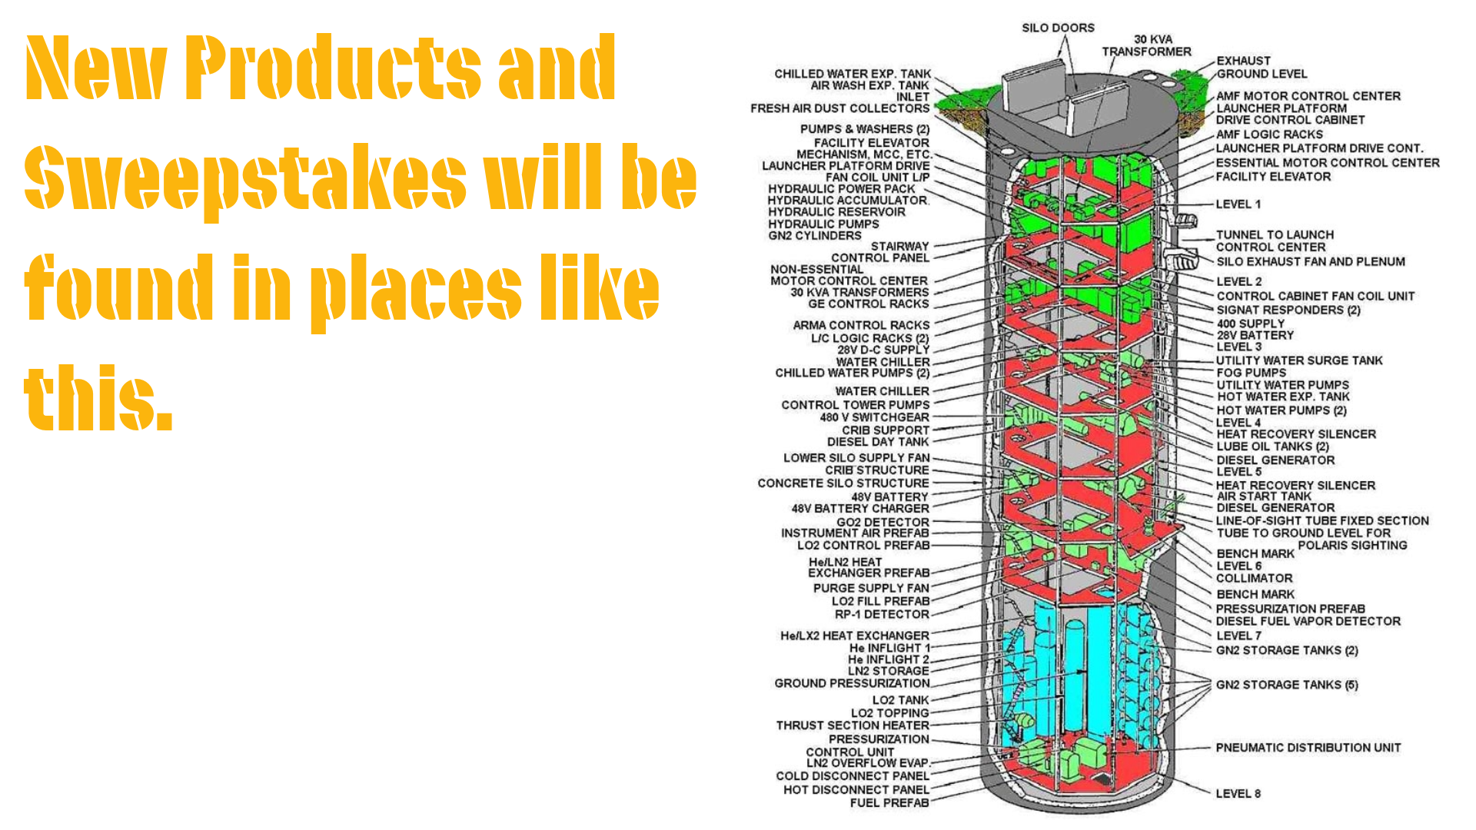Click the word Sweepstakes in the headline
(245, 178)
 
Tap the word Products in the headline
(333, 68)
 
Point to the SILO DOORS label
(1058, 28)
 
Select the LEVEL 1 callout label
(1238, 204)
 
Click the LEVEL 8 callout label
(1238, 794)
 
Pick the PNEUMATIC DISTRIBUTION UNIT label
(1308, 748)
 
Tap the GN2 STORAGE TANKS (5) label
(1286, 685)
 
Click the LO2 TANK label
(900, 700)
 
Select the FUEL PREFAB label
(889, 803)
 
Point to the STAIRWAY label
(899, 247)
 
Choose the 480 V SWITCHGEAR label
(874, 417)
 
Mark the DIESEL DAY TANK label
(878, 442)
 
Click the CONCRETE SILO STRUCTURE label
(843, 483)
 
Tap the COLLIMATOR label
(1254, 579)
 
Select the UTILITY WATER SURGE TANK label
(1298, 360)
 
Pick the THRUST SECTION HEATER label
(852, 725)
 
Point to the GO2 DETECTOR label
(883, 523)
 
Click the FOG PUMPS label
(1251, 373)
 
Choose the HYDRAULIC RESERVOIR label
(836, 212)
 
